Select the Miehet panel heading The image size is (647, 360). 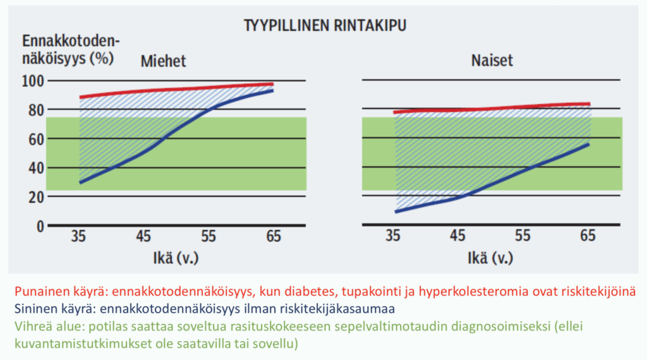click(163, 62)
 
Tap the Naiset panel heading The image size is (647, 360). click(492, 61)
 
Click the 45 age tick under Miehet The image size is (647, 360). click(144, 237)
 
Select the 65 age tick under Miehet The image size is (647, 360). click(273, 237)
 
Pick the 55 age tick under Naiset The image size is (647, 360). click(523, 237)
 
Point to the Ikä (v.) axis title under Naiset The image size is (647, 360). click(492, 258)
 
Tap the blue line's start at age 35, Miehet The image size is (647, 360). click(80, 183)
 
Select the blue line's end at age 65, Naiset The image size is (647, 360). click(589, 144)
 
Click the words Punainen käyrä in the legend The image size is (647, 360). click(54, 292)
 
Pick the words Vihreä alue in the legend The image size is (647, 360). click(44, 327)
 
